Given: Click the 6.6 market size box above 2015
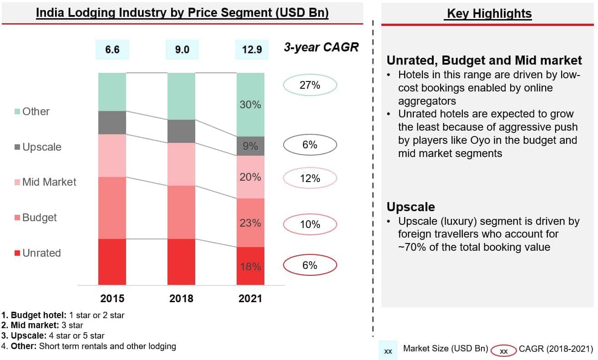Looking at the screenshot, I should tap(112, 50).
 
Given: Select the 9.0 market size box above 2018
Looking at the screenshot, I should tap(182, 50).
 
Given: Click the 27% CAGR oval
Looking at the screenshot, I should tap(310, 85).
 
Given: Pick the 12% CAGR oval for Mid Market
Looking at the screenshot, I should tap(310, 178).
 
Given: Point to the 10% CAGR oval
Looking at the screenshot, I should tap(310, 224).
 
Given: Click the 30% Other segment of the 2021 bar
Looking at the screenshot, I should tap(250, 105).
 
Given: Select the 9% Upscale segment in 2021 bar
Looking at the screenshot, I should tap(250, 146).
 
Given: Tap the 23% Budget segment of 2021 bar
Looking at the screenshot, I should tap(250, 223).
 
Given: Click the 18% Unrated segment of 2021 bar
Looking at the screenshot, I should tap(250, 266).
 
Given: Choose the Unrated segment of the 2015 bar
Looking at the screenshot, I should tap(112, 262).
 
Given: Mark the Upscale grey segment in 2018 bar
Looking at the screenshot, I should tap(181, 132).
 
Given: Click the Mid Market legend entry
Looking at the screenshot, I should tap(46, 182).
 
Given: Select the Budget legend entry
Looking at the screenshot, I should tap(36, 218).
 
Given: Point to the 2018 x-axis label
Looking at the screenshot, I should tap(181, 299).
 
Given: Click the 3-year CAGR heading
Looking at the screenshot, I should tap(321, 47).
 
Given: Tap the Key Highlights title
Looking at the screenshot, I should tap(489, 14).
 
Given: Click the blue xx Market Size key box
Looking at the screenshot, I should tap(388, 351).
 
